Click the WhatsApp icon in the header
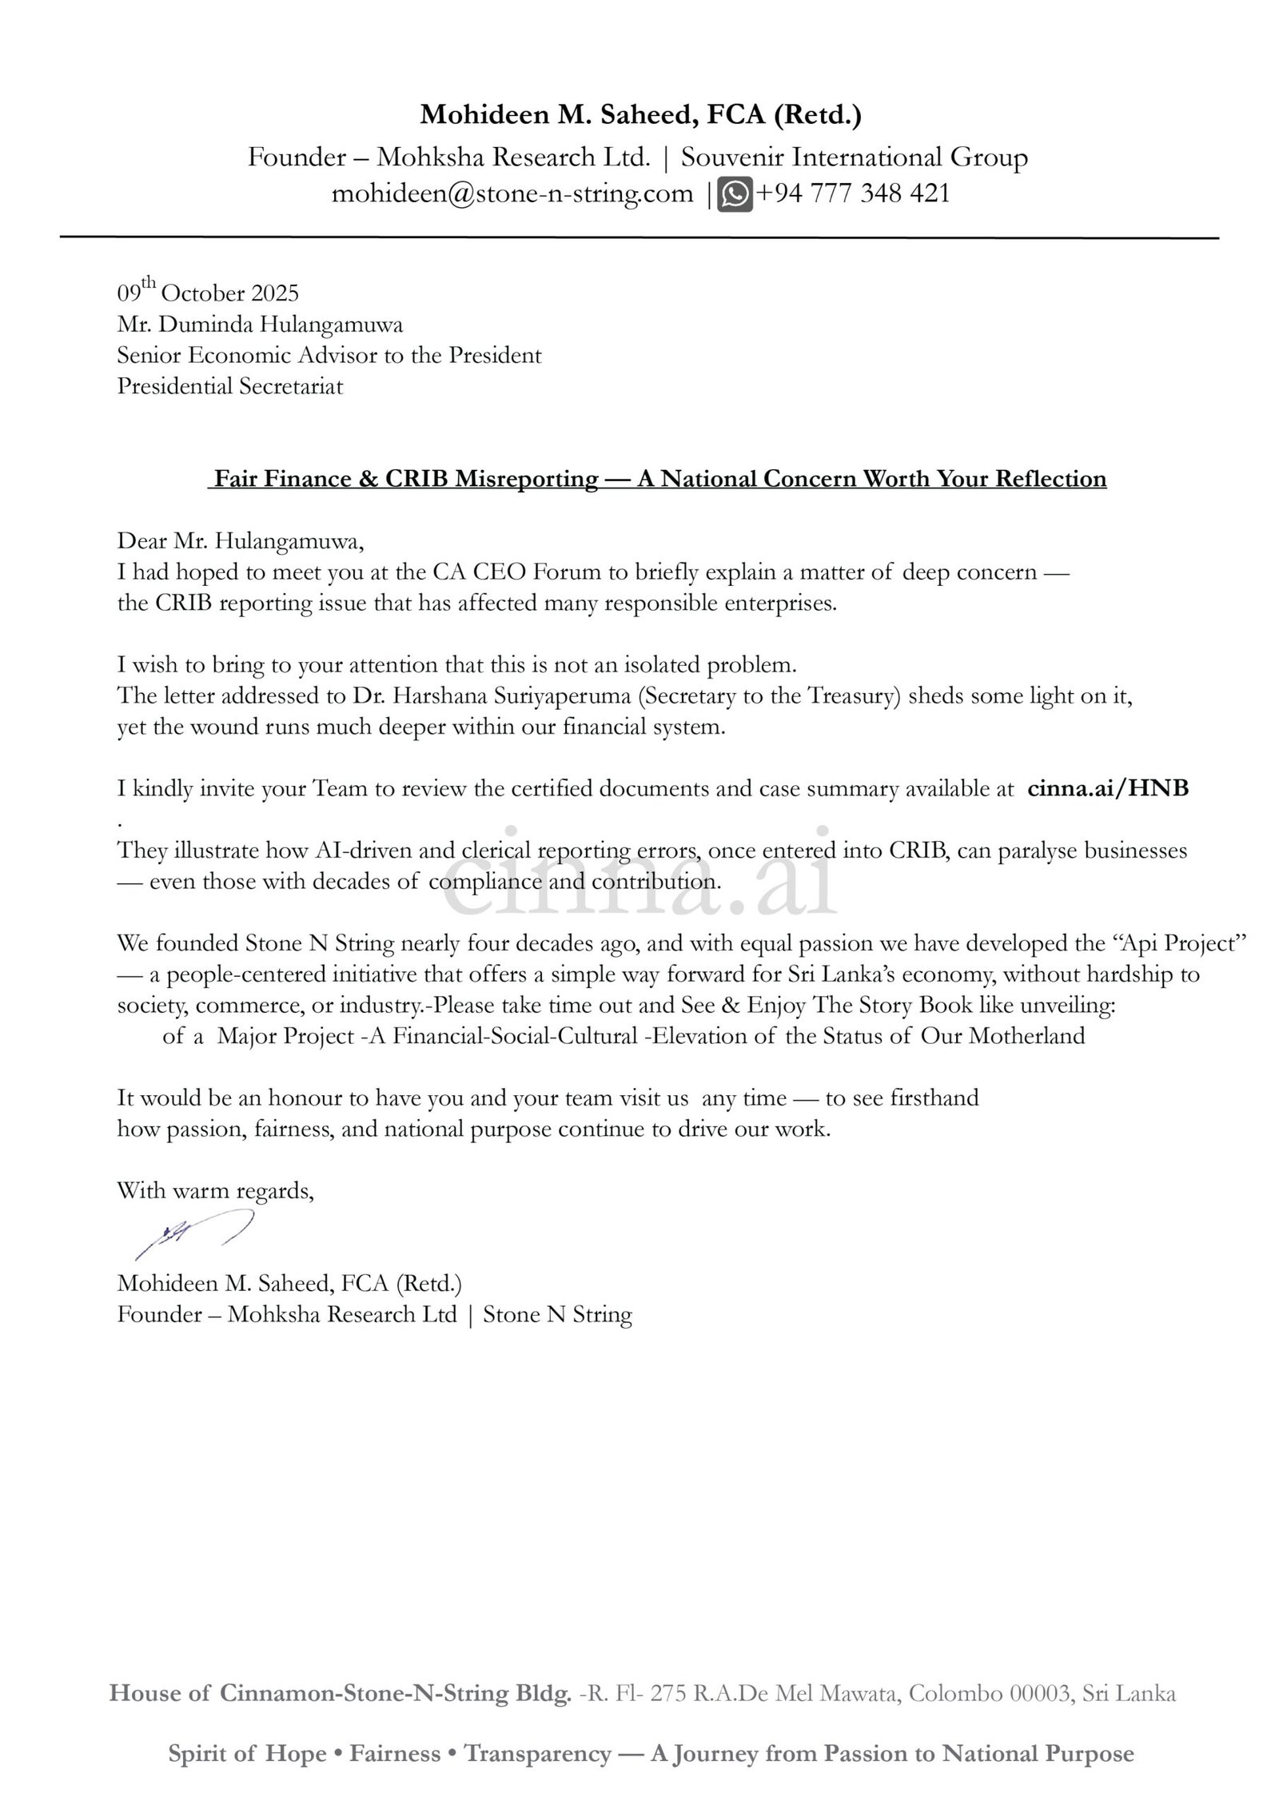[x=735, y=194]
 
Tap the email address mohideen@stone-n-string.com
[x=512, y=194]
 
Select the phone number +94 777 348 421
[x=852, y=194]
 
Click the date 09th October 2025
[x=208, y=293]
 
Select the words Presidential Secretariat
[x=230, y=387]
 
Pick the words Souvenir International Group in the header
[x=854, y=157]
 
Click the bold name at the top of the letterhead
[x=641, y=116]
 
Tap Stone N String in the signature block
[x=557, y=1315]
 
